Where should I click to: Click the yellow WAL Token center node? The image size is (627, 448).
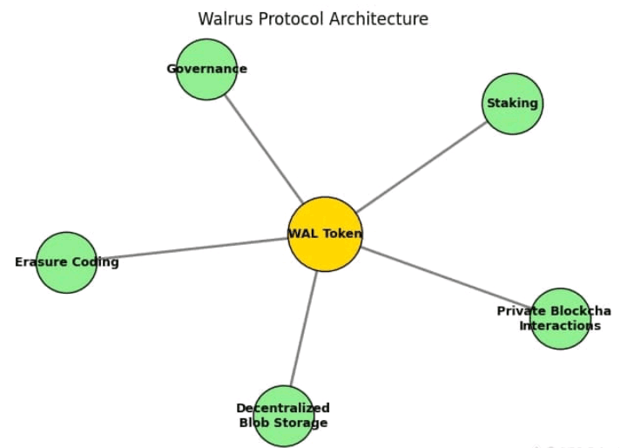click(x=325, y=234)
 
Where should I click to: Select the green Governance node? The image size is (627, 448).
click(x=206, y=69)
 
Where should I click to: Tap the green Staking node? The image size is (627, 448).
click(x=512, y=104)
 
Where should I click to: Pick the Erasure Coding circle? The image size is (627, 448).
click(x=66, y=261)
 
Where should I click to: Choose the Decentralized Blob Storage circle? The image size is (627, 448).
click(x=283, y=415)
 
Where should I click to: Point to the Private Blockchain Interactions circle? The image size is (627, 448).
click(x=560, y=318)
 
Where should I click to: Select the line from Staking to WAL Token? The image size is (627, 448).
click(x=421, y=166)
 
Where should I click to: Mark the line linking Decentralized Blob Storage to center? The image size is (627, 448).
click(x=305, y=328)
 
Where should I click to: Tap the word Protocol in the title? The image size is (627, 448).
click(x=293, y=18)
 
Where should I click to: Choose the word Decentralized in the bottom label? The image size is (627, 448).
click(x=283, y=408)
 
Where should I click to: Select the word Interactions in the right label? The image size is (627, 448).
click(x=560, y=326)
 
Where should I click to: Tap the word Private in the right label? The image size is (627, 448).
click(x=521, y=311)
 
